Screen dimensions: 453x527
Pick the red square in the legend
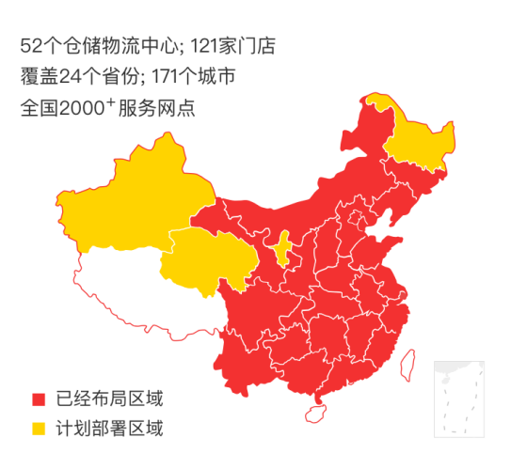[39, 398]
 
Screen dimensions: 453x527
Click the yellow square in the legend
[39, 430]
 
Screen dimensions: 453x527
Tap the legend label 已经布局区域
[109, 398]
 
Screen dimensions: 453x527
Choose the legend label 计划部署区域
[109, 430]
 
